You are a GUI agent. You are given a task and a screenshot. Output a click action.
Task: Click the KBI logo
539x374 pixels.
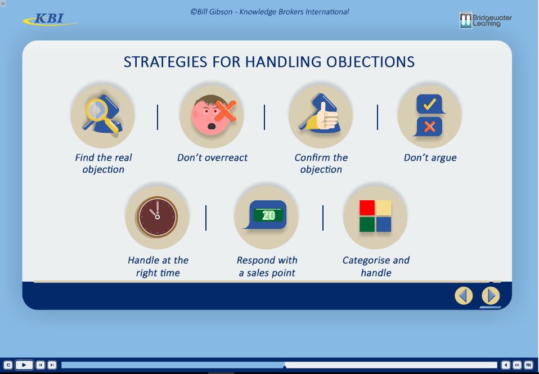pyautogui.click(x=51, y=19)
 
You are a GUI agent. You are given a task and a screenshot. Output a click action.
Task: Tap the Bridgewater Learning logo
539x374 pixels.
pyautogui.click(x=486, y=20)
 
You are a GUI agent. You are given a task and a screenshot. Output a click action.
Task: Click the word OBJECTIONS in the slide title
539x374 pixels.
pyautogui.click(x=370, y=62)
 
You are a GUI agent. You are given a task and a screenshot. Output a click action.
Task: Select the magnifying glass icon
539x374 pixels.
pyautogui.click(x=100, y=114)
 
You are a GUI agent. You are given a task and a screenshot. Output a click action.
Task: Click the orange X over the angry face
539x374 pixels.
pyautogui.click(x=226, y=110)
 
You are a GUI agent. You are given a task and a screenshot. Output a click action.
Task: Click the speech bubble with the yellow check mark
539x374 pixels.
pyautogui.click(x=430, y=104)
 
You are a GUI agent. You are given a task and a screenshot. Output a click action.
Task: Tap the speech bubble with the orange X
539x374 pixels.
pyautogui.click(x=429, y=127)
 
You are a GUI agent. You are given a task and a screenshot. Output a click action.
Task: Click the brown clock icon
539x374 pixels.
pyautogui.click(x=158, y=217)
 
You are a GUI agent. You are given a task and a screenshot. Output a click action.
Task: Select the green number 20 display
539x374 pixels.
pyautogui.click(x=268, y=215)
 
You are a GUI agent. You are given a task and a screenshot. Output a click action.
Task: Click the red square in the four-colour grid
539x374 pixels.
pyautogui.click(x=367, y=208)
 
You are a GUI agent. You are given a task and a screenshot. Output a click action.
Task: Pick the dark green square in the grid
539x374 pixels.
pyautogui.click(x=367, y=224)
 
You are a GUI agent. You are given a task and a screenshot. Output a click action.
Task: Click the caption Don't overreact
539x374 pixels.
pyautogui.click(x=212, y=157)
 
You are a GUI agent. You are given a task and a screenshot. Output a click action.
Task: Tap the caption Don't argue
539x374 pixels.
pyautogui.click(x=430, y=157)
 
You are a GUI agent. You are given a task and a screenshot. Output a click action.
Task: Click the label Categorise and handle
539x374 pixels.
pyautogui.click(x=376, y=267)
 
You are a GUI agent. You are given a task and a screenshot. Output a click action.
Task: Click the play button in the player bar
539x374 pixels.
pyautogui.click(x=24, y=364)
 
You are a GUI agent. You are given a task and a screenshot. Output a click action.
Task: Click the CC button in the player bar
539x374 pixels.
pyautogui.click(x=517, y=364)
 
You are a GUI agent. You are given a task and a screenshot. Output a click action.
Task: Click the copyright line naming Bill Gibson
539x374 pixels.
pyautogui.click(x=269, y=12)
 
